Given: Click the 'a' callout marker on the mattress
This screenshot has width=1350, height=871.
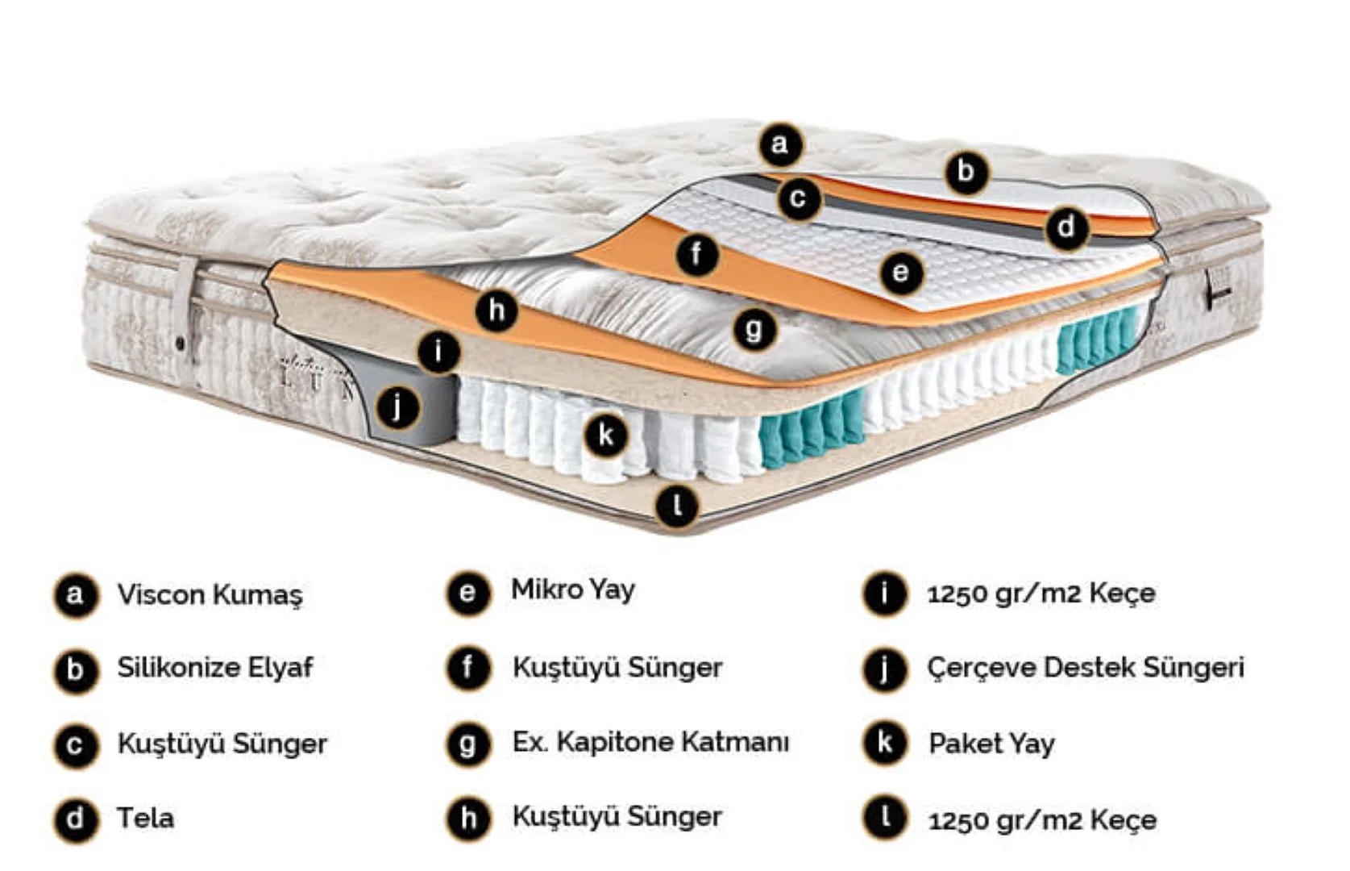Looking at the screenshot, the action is [780, 145].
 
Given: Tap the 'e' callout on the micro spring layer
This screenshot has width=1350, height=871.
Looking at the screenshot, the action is [901, 273].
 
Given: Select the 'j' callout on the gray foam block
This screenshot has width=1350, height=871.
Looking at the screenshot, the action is [397, 408].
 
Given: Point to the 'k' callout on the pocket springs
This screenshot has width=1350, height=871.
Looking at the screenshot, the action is [606, 435].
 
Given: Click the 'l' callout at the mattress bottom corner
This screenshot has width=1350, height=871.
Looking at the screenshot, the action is [677, 506].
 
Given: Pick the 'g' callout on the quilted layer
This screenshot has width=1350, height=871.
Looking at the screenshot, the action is [754, 330].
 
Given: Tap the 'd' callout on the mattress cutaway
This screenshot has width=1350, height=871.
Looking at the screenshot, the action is [1066, 227].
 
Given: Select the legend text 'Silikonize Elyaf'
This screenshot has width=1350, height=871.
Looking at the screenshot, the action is [215, 668].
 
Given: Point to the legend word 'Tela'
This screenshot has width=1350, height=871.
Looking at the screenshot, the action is [145, 818].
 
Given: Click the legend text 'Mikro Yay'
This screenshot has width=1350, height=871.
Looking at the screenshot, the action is [572, 590].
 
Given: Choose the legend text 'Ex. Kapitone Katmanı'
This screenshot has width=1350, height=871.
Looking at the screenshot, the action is [650, 742].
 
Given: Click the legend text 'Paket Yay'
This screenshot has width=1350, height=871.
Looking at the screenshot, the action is [991, 744].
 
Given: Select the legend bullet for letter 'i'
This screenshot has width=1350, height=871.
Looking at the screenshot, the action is [884, 594].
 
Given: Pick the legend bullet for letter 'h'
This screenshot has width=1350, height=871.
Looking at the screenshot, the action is [468, 819].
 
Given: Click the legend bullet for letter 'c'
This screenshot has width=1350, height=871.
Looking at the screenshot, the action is [75, 745].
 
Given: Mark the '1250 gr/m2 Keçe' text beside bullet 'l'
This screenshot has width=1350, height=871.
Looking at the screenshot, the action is [1042, 820].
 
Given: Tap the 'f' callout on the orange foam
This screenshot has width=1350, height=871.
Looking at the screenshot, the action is [696, 255].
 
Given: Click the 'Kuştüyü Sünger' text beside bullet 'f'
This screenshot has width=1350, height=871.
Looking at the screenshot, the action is [617, 668].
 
